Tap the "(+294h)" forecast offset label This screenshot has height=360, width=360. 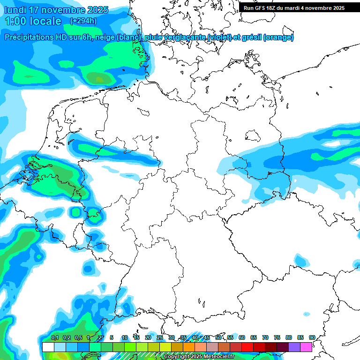click(x=83, y=21)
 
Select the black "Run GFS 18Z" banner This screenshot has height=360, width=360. click(x=294, y=7)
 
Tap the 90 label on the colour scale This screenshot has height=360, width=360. click(x=312, y=337)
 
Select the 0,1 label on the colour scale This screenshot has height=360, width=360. click(x=54, y=337)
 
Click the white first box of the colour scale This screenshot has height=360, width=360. click(x=48, y=347)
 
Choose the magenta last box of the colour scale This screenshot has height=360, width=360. click(x=306, y=347)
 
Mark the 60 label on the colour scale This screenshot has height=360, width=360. click(x=242, y=337)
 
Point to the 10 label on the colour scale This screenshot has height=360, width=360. click(x=124, y=337)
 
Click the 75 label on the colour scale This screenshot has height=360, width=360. click(x=277, y=337)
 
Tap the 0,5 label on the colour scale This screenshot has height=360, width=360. click(x=78, y=337)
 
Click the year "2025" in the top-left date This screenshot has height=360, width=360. click(x=97, y=10)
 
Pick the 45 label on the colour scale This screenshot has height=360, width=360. click(x=207, y=337)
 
